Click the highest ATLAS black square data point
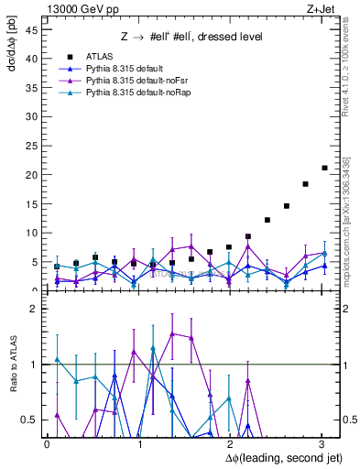pyautogui.click(x=324, y=168)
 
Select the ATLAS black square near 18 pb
pyautogui.click(x=305, y=184)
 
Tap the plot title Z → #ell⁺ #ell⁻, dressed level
pyautogui.click(x=191, y=38)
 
